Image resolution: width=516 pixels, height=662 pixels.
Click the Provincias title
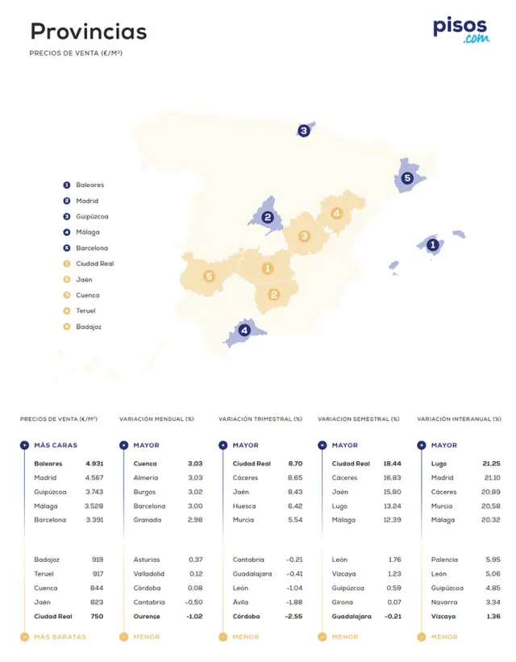tap(89, 31)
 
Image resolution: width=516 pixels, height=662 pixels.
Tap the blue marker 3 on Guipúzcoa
tap(303, 131)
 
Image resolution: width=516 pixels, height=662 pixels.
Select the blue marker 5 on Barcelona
tap(407, 178)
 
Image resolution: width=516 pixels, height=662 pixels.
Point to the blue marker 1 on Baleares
tap(432, 244)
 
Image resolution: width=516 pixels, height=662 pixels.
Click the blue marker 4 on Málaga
tap(244, 330)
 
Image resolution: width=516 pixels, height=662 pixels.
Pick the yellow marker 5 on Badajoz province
tap(209, 277)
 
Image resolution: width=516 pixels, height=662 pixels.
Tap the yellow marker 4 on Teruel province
tap(336, 214)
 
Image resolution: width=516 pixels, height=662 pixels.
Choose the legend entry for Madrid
tap(87, 201)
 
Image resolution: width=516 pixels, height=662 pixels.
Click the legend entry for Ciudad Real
tap(94, 264)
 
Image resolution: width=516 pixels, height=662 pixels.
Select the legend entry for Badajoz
tap(89, 327)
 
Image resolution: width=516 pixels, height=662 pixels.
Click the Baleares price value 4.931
tap(94, 464)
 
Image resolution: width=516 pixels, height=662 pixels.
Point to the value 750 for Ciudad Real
tap(97, 617)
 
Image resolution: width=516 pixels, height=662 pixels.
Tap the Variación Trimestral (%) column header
tap(260, 419)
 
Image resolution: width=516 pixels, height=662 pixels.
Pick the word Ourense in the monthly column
tap(147, 617)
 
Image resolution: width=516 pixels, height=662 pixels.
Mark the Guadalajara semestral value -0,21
tap(393, 617)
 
